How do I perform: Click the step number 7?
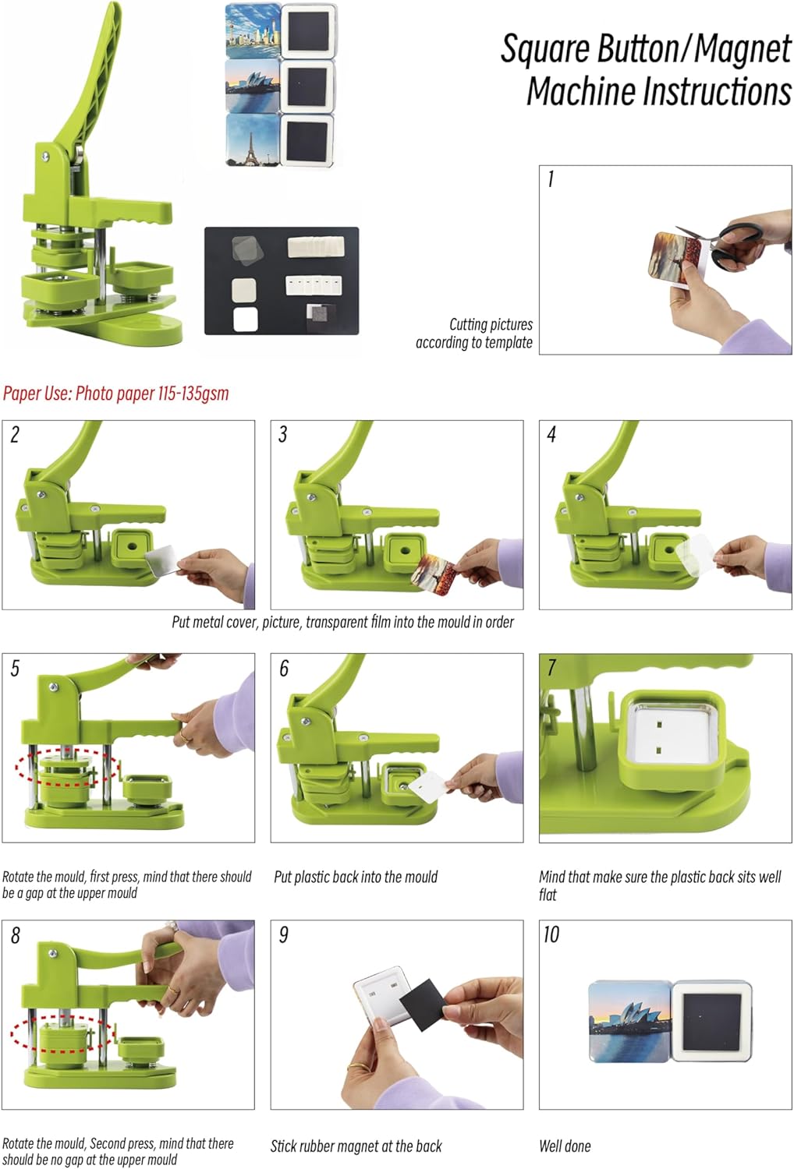pos(551,668)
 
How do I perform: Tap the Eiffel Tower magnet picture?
pos(252,140)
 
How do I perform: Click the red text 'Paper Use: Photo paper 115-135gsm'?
pos(116,394)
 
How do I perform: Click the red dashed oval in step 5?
pos(67,766)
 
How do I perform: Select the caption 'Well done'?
pos(565,1146)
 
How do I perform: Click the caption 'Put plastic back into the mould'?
pos(356,877)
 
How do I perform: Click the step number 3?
pos(282,435)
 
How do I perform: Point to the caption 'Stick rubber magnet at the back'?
pos(356,1146)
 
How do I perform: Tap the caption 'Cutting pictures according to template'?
pos(474,334)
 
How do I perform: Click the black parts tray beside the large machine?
pos(281,281)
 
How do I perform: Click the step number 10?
pos(551,934)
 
